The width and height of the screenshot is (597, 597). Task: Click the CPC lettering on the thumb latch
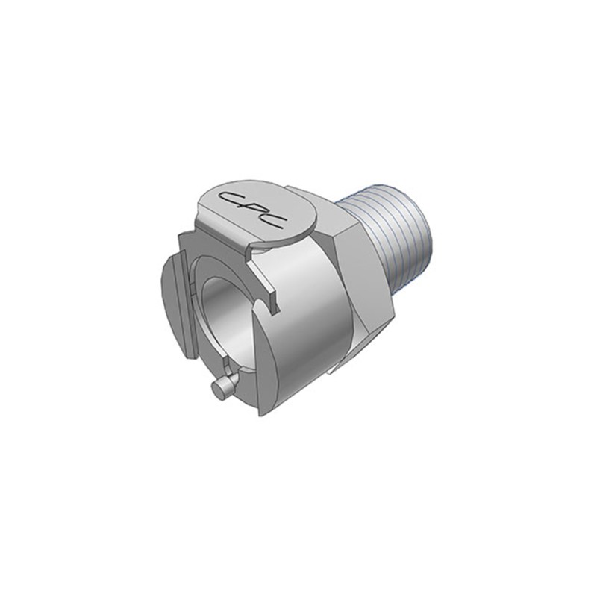[x=253, y=210]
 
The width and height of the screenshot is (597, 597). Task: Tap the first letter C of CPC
[x=231, y=198]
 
